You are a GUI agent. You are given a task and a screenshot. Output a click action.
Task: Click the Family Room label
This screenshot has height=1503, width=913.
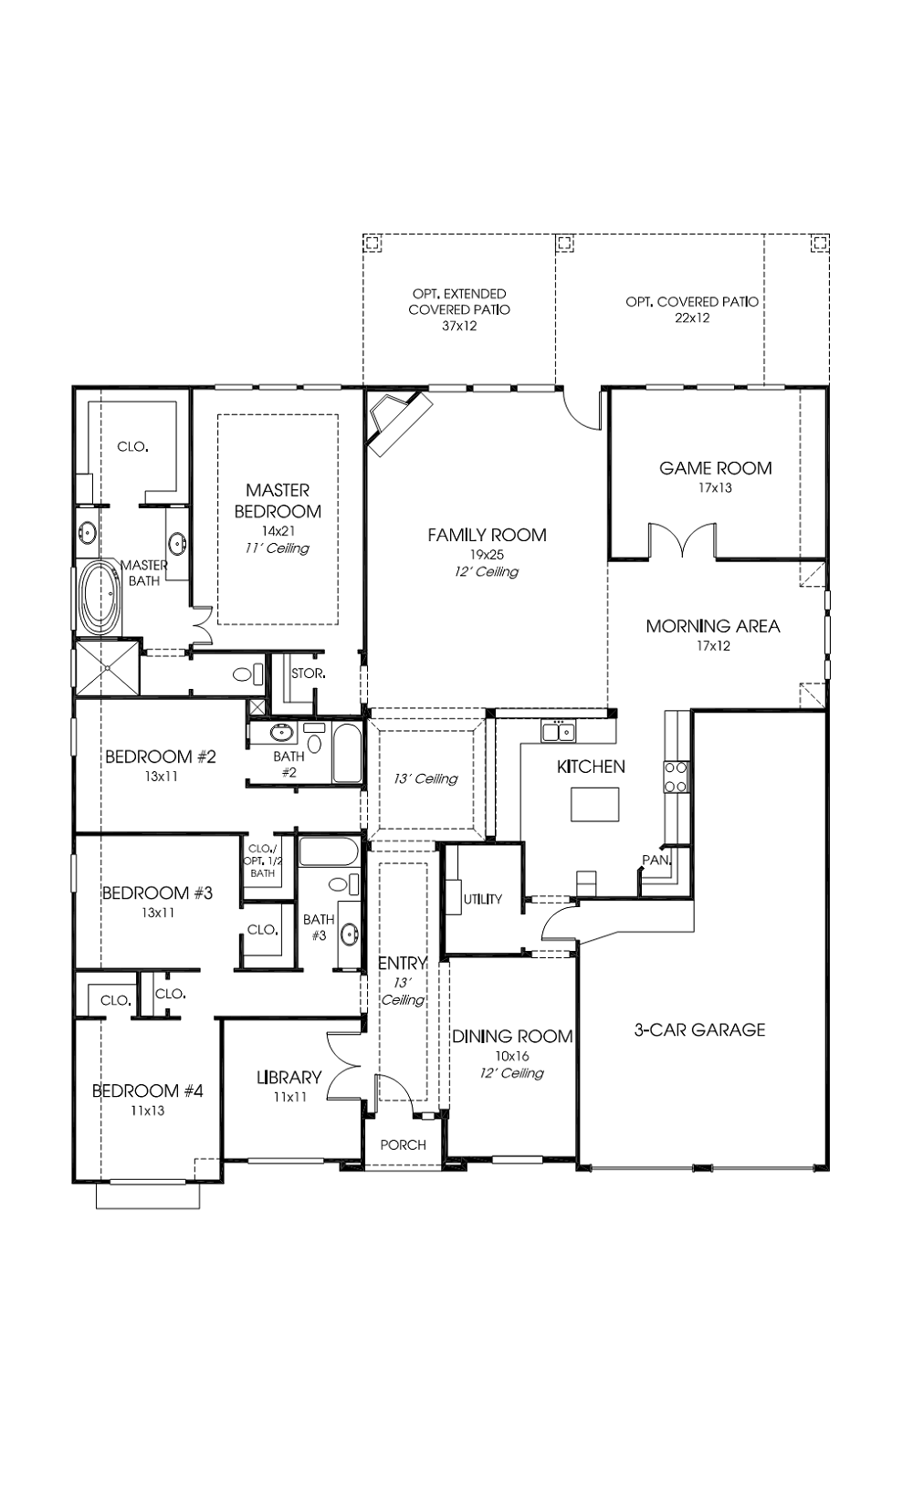pyautogui.click(x=487, y=535)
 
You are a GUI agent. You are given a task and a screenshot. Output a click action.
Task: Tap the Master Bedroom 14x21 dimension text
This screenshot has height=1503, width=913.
pyautogui.click(x=278, y=531)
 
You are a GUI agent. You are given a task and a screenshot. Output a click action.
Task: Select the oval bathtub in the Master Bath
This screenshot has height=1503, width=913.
pyautogui.click(x=100, y=597)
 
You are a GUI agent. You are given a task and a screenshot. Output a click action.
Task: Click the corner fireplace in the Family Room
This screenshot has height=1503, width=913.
pyautogui.click(x=399, y=422)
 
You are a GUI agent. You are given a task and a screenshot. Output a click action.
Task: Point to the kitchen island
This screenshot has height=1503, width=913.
pyautogui.click(x=594, y=804)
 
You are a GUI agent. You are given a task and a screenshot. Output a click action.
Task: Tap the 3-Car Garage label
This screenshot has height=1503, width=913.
pyautogui.click(x=699, y=1029)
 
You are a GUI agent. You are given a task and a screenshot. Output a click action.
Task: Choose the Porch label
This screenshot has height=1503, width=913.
pyautogui.click(x=403, y=1144)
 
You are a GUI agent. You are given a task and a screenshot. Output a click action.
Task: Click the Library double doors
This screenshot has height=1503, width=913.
pyautogui.click(x=345, y=1067)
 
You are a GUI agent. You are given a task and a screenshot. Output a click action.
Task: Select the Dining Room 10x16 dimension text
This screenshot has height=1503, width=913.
pyautogui.click(x=512, y=1056)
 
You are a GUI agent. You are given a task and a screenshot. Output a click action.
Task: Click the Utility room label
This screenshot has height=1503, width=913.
pyautogui.click(x=483, y=899)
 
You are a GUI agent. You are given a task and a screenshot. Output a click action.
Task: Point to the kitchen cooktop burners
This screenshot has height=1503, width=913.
pyautogui.click(x=676, y=777)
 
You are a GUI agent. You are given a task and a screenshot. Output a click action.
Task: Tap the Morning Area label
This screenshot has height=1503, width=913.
pyautogui.click(x=713, y=626)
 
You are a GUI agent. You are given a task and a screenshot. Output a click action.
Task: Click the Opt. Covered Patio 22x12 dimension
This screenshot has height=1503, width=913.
pyautogui.click(x=692, y=318)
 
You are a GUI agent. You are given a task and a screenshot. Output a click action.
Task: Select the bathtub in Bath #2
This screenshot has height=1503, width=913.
pyautogui.click(x=347, y=753)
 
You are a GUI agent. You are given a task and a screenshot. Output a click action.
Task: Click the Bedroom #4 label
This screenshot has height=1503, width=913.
pyautogui.click(x=148, y=1091)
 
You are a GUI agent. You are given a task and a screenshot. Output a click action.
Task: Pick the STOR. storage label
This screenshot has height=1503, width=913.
pyautogui.click(x=309, y=673)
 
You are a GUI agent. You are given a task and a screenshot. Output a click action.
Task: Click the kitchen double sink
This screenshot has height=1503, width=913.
pyautogui.click(x=559, y=732)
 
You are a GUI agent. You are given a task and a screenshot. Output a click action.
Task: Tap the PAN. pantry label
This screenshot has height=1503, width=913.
pyautogui.click(x=656, y=860)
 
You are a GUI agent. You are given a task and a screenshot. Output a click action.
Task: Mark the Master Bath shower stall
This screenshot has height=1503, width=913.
pyautogui.click(x=108, y=668)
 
